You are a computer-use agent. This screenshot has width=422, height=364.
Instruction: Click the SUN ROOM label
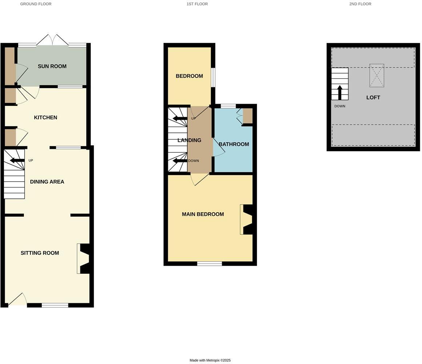(52, 66)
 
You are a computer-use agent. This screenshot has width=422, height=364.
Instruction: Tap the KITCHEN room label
(45, 118)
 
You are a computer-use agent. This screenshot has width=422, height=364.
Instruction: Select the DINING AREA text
(47, 182)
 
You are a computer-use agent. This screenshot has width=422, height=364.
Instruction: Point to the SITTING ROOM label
(40, 253)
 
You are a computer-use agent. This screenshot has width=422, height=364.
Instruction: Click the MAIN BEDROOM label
(203, 214)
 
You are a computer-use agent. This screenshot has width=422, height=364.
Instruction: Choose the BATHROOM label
(234, 144)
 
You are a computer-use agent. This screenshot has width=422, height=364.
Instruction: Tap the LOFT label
(373, 98)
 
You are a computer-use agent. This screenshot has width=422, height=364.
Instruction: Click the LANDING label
(189, 140)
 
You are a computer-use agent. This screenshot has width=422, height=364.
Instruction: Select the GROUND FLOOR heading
(36, 4)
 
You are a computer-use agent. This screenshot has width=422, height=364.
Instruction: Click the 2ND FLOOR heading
(360, 4)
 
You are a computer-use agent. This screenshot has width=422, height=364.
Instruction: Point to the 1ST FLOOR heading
(197, 4)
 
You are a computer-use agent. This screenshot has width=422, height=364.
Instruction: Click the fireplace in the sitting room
(84, 258)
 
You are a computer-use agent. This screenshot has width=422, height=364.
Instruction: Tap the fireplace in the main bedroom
(247, 219)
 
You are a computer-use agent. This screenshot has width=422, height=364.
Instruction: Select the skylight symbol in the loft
(377, 76)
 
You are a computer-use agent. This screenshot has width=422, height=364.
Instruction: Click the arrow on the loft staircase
(340, 92)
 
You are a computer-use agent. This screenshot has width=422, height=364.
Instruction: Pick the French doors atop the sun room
(52, 40)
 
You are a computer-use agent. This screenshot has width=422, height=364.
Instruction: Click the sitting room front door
(17, 300)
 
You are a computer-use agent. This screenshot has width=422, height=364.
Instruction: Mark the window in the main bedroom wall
(209, 264)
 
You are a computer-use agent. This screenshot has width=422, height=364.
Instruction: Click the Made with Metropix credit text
(210, 360)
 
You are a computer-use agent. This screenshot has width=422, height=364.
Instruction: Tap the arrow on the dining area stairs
(17, 161)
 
